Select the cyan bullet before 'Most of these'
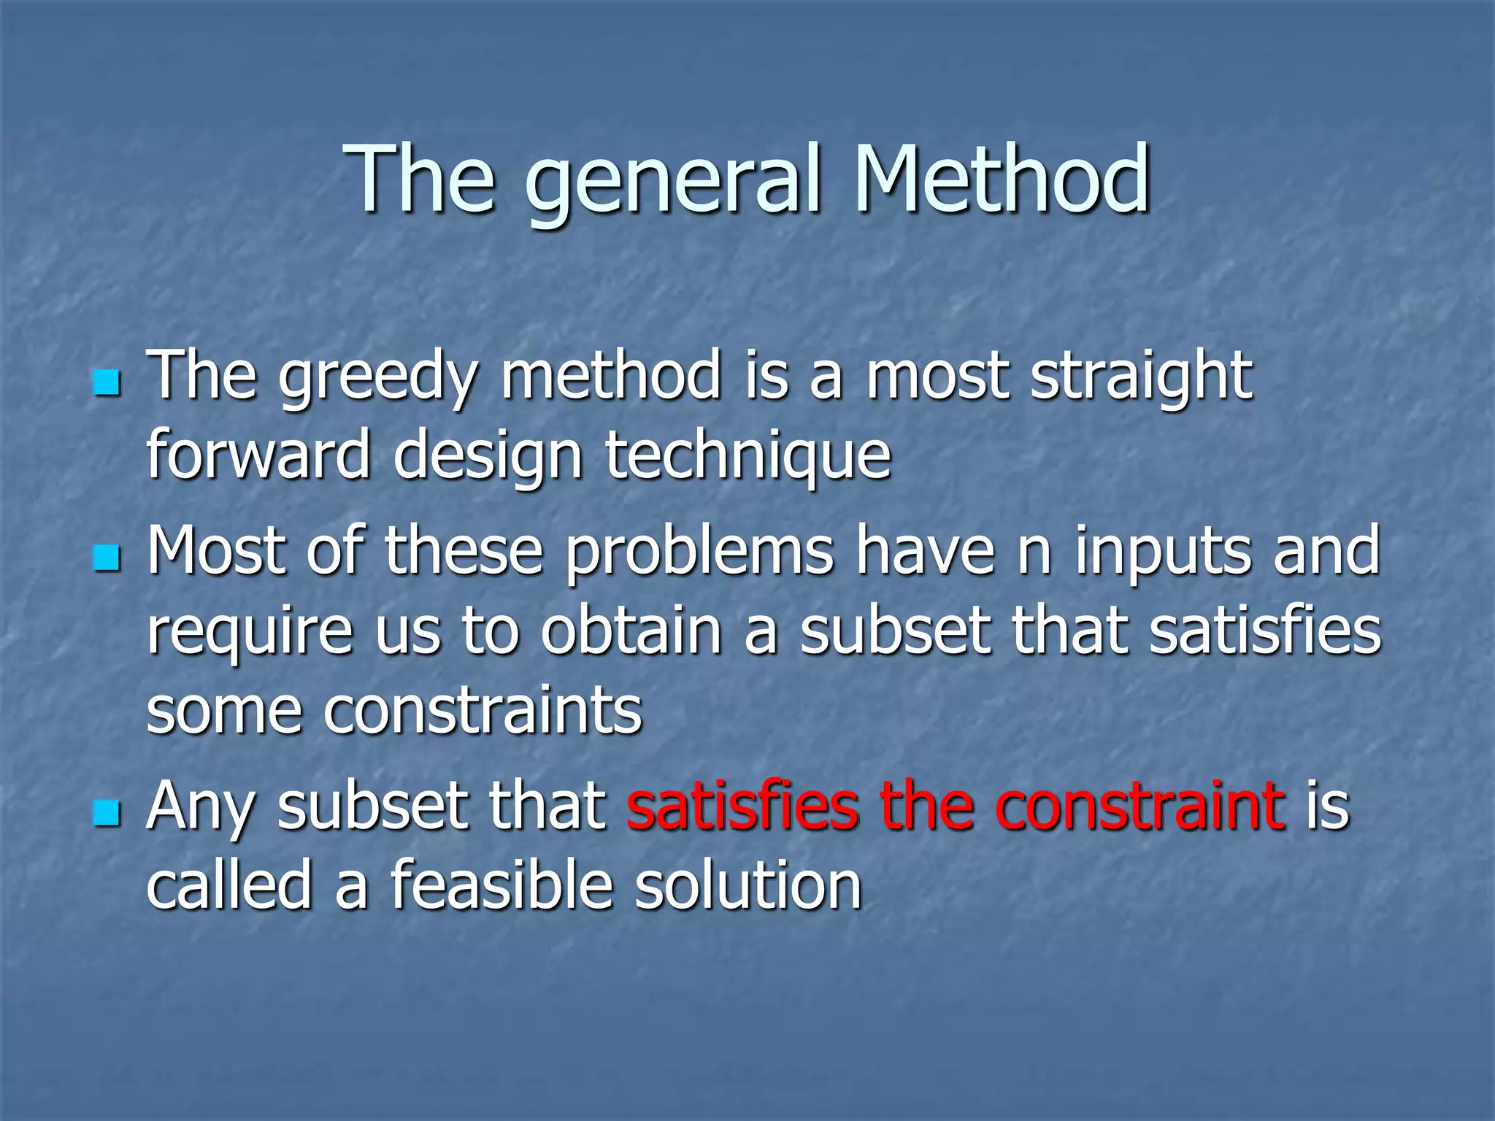click(x=107, y=558)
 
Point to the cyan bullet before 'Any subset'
click(x=107, y=813)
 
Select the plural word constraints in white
click(x=482, y=711)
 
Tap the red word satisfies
click(x=742, y=807)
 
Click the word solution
click(x=747, y=886)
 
